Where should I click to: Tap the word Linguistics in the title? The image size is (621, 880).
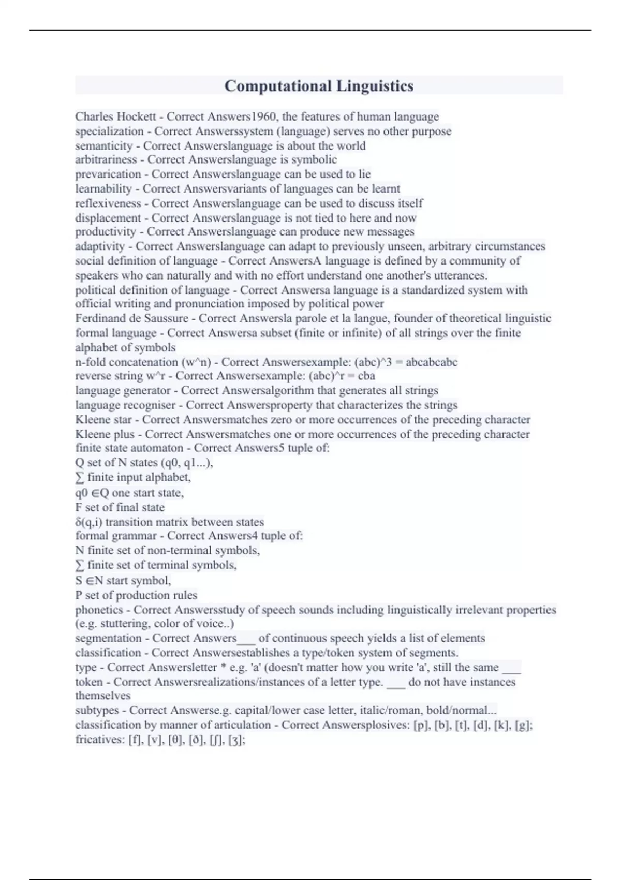click(375, 86)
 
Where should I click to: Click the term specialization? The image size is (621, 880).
click(109, 131)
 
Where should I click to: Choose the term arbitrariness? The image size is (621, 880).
click(106, 160)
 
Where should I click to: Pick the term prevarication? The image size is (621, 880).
click(108, 174)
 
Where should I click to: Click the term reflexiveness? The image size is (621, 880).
click(108, 203)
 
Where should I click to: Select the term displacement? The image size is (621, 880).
click(108, 218)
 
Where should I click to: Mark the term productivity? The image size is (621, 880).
click(106, 232)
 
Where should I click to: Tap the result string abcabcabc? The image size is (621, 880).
click(432, 362)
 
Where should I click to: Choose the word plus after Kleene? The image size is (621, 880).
click(123, 434)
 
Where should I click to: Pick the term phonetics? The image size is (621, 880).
click(99, 610)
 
